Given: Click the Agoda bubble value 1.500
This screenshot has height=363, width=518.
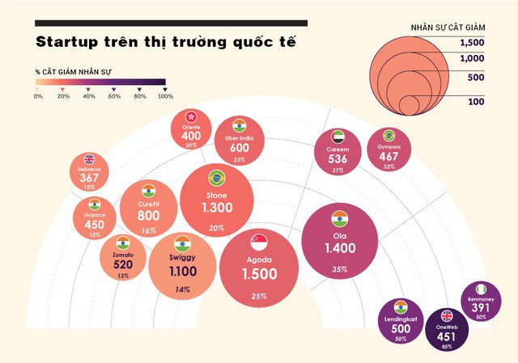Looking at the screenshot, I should click(x=259, y=274).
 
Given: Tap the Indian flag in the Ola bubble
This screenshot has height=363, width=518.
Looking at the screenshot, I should click(x=338, y=217).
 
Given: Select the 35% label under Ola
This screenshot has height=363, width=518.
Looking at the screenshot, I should click(x=339, y=268).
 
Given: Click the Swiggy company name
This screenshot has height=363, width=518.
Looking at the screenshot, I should click(x=182, y=257).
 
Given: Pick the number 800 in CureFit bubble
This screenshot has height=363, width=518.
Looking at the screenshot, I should click(x=148, y=216).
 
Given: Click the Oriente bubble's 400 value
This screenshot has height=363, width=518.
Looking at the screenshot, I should click(x=191, y=136).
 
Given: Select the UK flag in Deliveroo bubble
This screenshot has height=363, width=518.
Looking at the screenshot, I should click(x=89, y=159).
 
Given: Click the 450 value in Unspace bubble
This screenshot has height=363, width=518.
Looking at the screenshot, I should click(x=95, y=225).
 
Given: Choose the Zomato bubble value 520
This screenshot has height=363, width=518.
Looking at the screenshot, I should click(x=122, y=264).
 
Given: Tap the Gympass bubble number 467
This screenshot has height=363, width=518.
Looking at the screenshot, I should click(x=389, y=155).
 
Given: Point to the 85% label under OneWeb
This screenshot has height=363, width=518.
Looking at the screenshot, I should click(x=447, y=347).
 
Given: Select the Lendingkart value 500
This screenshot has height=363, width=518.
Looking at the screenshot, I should click(x=399, y=329).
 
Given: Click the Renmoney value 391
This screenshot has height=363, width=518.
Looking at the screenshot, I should click(x=481, y=307).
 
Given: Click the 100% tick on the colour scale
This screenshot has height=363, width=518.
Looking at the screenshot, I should click(x=165, y=96).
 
